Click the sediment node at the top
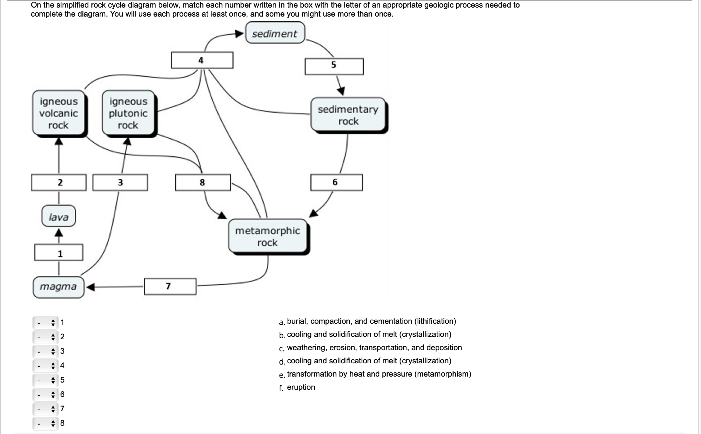(x=275, y=33)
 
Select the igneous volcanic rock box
(x=58, y=113)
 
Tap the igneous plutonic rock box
(x=128, y=113)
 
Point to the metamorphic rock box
(x=267, y=236)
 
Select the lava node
(x=58, y=216)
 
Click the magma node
(x=58, y=287)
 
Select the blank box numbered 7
(x=170, y=286)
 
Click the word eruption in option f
(x=301, y=387)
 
